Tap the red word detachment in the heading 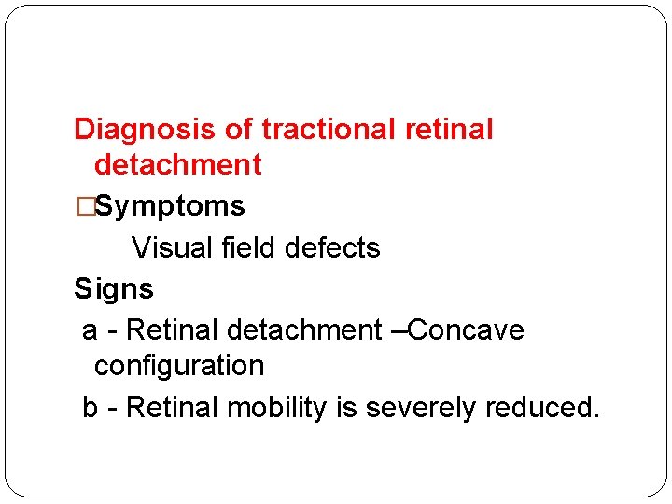[x=177, y=165]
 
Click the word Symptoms [x=170, y=205]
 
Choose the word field [x=248, y=247]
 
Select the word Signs [x=114, y=289]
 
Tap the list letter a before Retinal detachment [x=91, y=330]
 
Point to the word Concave [x=467, y=330]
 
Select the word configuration [x=179, y=366]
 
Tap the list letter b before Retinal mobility [x=91, y=408]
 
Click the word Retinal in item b [x=172, y=408]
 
